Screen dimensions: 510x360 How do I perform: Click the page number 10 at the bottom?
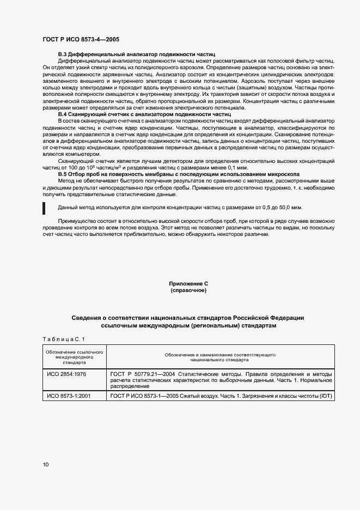(46, 464)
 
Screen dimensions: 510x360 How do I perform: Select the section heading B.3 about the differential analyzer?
(137, 55)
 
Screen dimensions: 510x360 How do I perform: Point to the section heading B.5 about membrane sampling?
(179, 174)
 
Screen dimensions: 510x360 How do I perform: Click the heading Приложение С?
(188, 284)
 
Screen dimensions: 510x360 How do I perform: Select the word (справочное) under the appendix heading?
(188, 291)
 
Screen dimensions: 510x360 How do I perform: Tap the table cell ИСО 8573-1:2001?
(69, 396)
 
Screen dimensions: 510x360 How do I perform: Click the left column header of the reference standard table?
(74, 357)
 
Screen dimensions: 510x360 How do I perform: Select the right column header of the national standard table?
(220, 357)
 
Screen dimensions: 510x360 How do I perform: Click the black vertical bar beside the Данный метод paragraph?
(44, 208)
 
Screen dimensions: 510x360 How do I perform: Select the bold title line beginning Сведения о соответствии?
(188, 317)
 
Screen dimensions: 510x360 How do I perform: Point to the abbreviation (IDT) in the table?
(325, 396)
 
